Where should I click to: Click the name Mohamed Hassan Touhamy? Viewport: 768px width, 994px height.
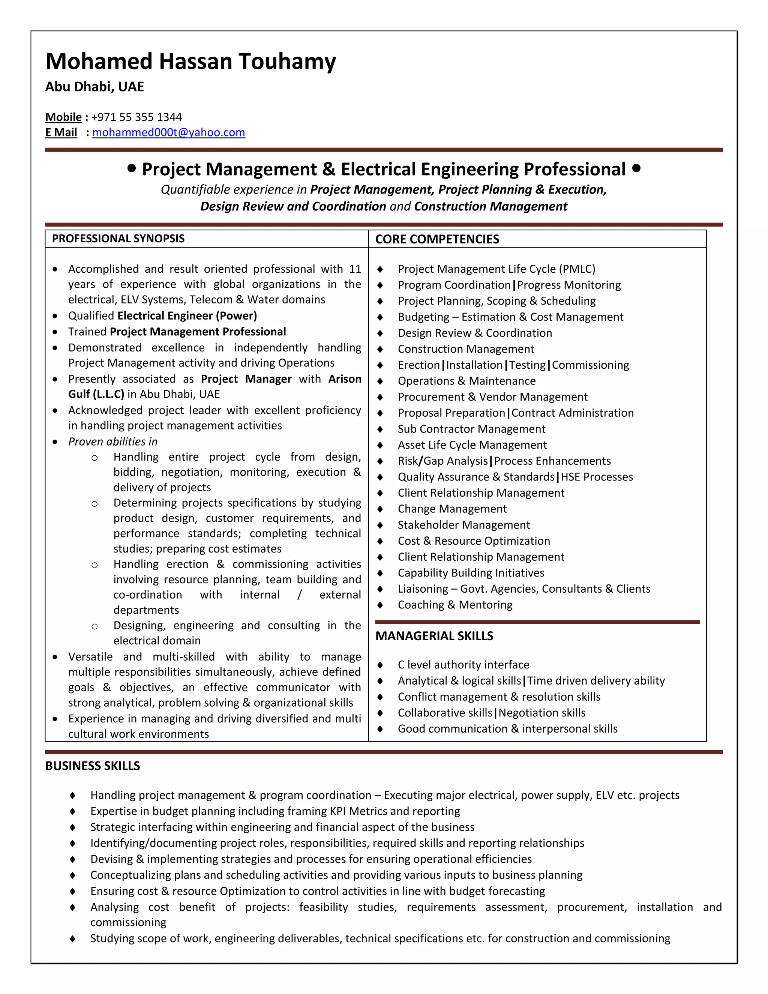(x=190, y=62)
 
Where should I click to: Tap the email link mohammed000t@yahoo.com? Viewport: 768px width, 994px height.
(x=168, y=132)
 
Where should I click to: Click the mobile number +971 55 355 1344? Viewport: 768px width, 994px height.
(x=136, y=117)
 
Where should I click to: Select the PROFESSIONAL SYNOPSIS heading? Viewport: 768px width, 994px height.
(x=118, y=239)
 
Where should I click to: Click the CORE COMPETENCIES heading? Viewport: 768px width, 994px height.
(x=437, y=239)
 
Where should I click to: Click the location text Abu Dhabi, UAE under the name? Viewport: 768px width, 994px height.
(x=94, y=87)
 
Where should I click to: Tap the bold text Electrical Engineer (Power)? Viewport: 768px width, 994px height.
(x=187, y=316)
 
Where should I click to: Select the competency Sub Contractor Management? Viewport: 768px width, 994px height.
(x=471, y=429)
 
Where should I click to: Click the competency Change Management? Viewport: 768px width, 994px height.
(x=452, y=509)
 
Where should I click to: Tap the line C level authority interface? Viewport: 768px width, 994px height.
(x=463, y=665)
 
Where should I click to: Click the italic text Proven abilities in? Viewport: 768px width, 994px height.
(x=113, y=441)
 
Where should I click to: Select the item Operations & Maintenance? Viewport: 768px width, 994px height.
(x=466, y=381)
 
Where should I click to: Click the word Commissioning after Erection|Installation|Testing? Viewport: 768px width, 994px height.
(x=590, y=365)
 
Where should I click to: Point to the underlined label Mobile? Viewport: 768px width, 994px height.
(x=63, y=117)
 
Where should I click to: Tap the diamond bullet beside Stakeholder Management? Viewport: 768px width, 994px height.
(x=380, y=525)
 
